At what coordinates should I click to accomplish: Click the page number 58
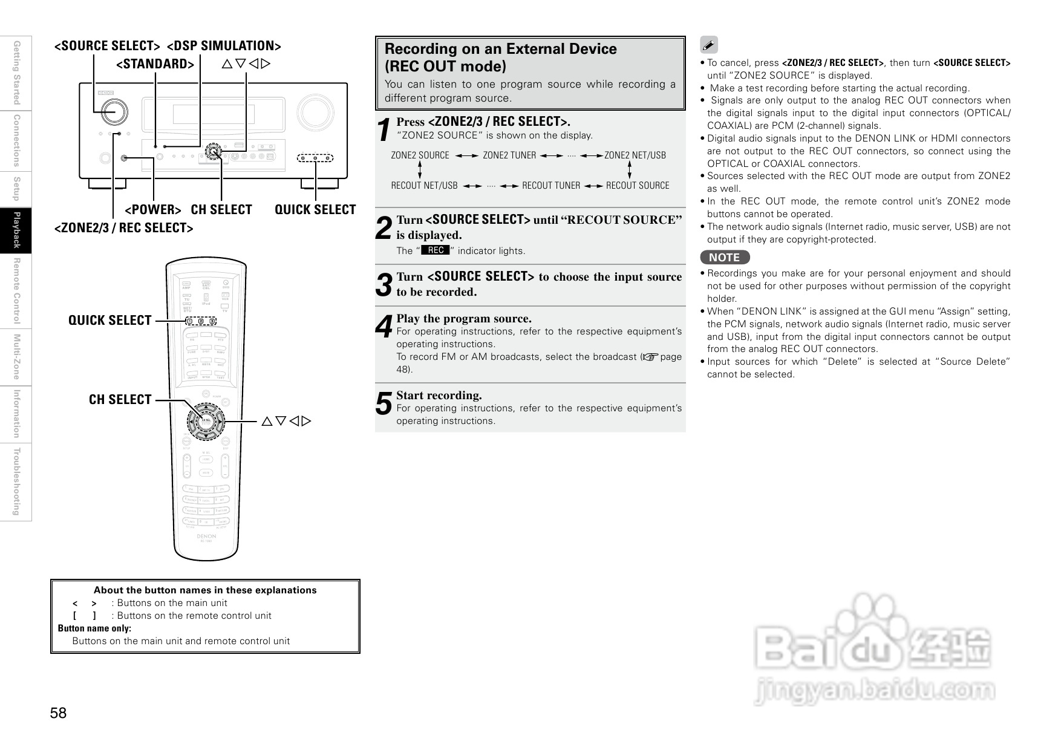pos(59,714)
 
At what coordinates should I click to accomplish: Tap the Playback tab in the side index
pos(16,230)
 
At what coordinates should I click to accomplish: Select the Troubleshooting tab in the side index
pos(16,482)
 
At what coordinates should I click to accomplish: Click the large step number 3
pos(384,285)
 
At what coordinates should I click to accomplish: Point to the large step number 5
pos(384,404)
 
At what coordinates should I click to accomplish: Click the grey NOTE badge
pos(725,258)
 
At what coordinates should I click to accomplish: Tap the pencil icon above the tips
pos(709,45)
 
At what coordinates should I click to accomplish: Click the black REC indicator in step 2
pos(436,250)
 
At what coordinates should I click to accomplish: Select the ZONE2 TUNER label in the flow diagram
pos(509,155)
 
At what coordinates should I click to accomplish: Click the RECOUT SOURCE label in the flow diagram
pos(638,186)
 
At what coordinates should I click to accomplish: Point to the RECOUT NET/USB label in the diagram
pos(424,186)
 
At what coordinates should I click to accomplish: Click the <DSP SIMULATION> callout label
pos(224,46)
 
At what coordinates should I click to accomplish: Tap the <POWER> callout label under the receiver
pos(153,210)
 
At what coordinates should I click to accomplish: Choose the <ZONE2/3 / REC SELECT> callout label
pos(124,228)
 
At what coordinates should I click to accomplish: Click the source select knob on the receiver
pos(113,111)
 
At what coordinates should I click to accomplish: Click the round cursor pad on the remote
pos(206,419)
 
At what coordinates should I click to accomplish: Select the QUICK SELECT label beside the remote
pos(109,321)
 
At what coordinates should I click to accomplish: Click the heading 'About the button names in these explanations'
pos(205,590)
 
